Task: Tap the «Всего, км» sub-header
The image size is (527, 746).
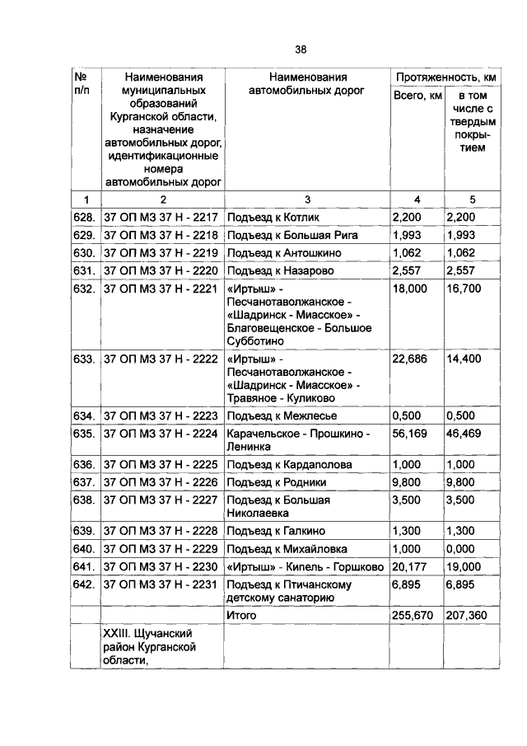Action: pos(417,97)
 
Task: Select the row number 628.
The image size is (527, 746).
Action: pos(85,217)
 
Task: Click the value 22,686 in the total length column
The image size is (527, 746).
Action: pos(410,359)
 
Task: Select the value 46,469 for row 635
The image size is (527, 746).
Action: pos(464,432)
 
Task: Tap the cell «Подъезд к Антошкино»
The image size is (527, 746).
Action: pos(283,252)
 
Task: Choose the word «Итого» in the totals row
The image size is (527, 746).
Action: pos(241,615)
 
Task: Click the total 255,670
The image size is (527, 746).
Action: pos(415,615)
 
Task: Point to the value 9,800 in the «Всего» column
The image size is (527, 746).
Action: pos(408,481)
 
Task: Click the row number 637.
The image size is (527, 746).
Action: pos(85,481)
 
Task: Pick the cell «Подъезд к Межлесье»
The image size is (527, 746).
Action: pos(281,415)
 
